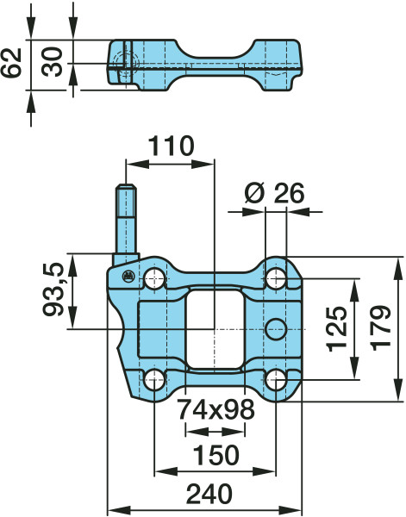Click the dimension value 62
point(11,64)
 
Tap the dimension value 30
point(53,63)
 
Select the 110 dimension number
point(170,146)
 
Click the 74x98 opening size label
point(215,409)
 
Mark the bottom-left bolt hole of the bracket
point(154,379)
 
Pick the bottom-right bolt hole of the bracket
point(275,379)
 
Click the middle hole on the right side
point(275,328)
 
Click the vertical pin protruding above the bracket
point(127,224)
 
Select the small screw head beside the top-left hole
point(127,276)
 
